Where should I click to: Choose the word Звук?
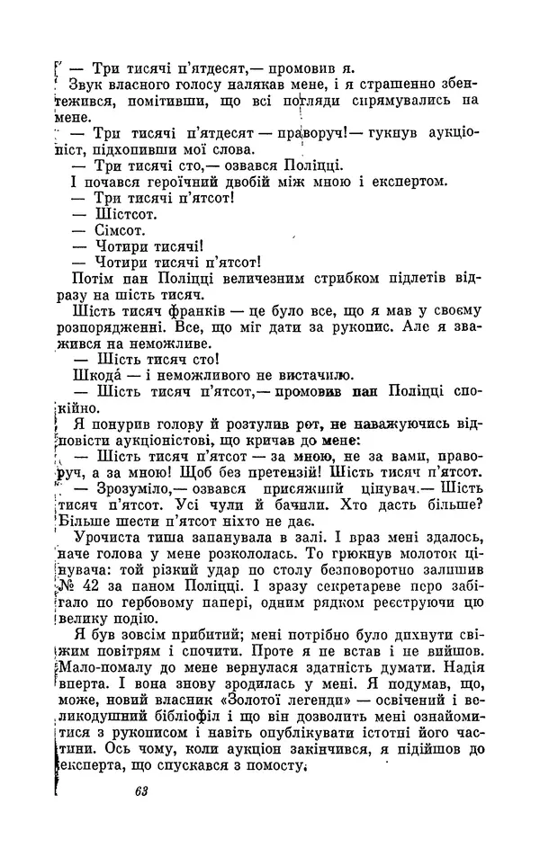(x=86, y=84)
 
